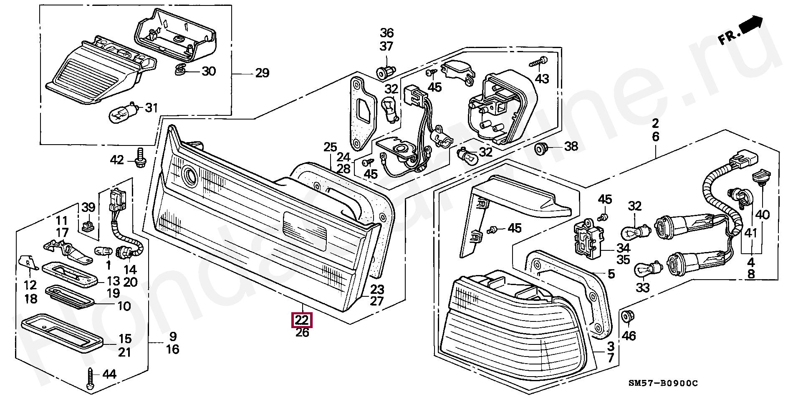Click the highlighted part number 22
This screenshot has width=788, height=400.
tap(302, 321)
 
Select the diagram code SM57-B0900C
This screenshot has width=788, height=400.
tap(663, 383)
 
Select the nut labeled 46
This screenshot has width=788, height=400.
tap(626, 317)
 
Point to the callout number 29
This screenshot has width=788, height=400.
tap(262, 73)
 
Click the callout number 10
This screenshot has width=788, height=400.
tap(124, 306)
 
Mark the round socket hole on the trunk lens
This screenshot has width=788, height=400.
tap(190, 176)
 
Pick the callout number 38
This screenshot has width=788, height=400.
tap(571, 146)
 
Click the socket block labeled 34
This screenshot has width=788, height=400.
tap(588, 238)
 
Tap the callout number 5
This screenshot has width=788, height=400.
tap(611, 274)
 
